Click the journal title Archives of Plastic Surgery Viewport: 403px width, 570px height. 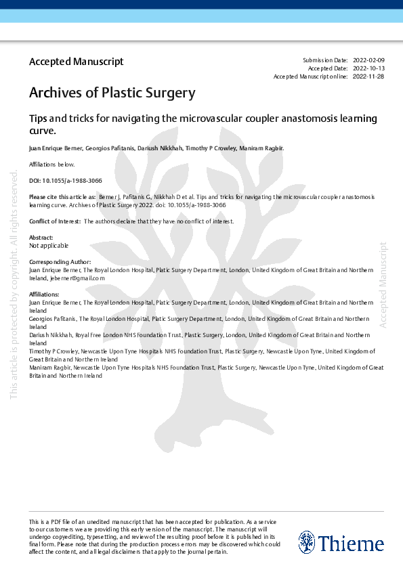coord(112,93)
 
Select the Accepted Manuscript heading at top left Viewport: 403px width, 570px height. coord(76,62)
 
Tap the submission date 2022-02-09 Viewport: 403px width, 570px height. coord(368,61)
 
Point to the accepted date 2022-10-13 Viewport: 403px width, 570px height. coord(368,68)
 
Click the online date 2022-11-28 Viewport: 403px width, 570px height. coord(368,76)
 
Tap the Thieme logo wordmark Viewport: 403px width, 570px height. coord(351,544)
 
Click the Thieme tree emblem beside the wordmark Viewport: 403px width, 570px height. coord(307,542)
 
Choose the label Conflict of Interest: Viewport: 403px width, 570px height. coord(55,221)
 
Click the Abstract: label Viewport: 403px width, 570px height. coord(41,238)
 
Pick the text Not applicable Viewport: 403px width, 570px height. coord(49,245)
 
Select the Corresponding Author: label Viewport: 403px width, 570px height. coord(60,261)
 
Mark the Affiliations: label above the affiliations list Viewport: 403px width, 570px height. coord(45,294)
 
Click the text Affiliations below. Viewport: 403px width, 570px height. coord(51,165)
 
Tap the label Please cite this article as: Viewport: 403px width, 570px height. coord(62,196)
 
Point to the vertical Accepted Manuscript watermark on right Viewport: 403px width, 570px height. coord(383,284)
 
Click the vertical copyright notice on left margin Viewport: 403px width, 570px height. coord(14,284)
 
